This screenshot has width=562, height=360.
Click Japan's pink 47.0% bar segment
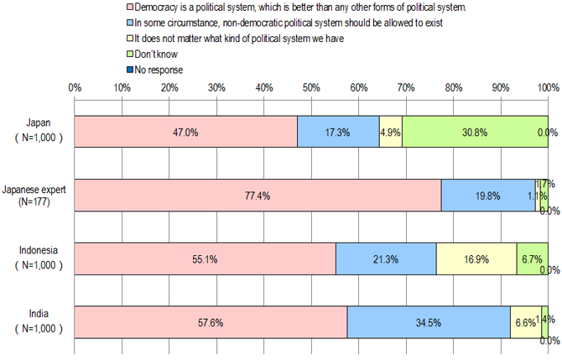point(185,132)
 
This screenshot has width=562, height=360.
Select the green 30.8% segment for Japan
point(475,132)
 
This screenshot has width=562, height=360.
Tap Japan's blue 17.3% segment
point(338,132)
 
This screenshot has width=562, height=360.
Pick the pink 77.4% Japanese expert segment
point(258,196)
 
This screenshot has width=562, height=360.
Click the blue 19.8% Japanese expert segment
point(487,196)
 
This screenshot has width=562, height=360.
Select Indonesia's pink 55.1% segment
point(205,259)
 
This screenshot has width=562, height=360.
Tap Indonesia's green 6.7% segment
point(532,259)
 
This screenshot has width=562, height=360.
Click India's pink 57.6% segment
point(211,322)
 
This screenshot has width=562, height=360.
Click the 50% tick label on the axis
point(311,87)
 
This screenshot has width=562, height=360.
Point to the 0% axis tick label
point(74,87)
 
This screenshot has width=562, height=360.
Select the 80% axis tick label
point(453,87)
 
